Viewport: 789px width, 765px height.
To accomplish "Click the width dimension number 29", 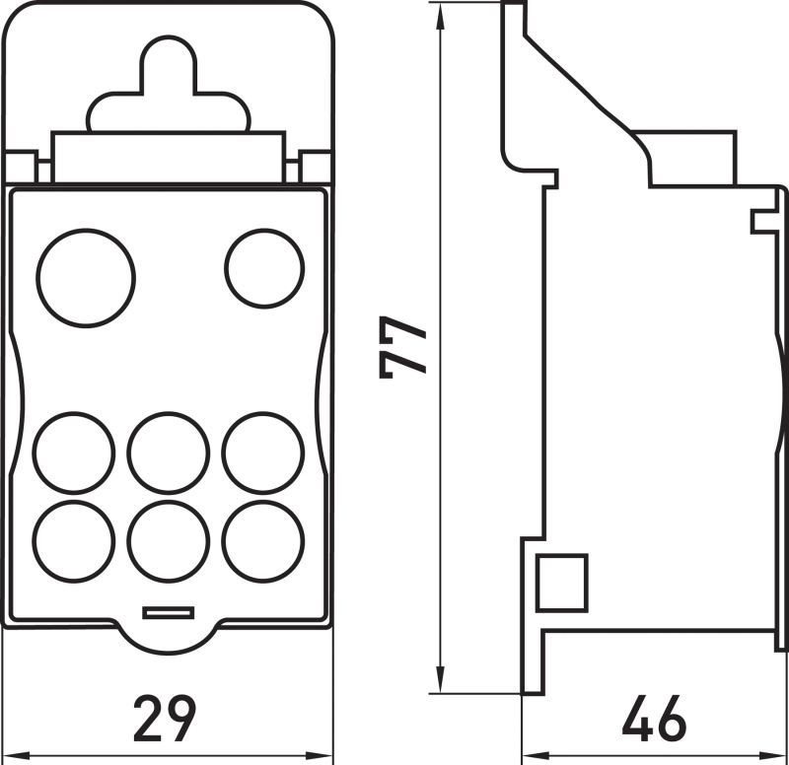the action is [x=165, y=719].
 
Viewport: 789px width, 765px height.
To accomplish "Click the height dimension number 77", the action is [x=402, y=347].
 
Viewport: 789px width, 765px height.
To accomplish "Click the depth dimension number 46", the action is [x=654, y=719].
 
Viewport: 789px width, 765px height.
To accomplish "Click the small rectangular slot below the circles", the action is [x=168, y=612].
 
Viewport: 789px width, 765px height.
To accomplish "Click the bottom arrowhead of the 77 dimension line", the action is [x=440, y=679].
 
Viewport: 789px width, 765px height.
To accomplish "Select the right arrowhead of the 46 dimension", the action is [x=772, y=755].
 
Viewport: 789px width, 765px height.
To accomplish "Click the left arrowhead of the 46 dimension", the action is [x=537, y=755].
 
